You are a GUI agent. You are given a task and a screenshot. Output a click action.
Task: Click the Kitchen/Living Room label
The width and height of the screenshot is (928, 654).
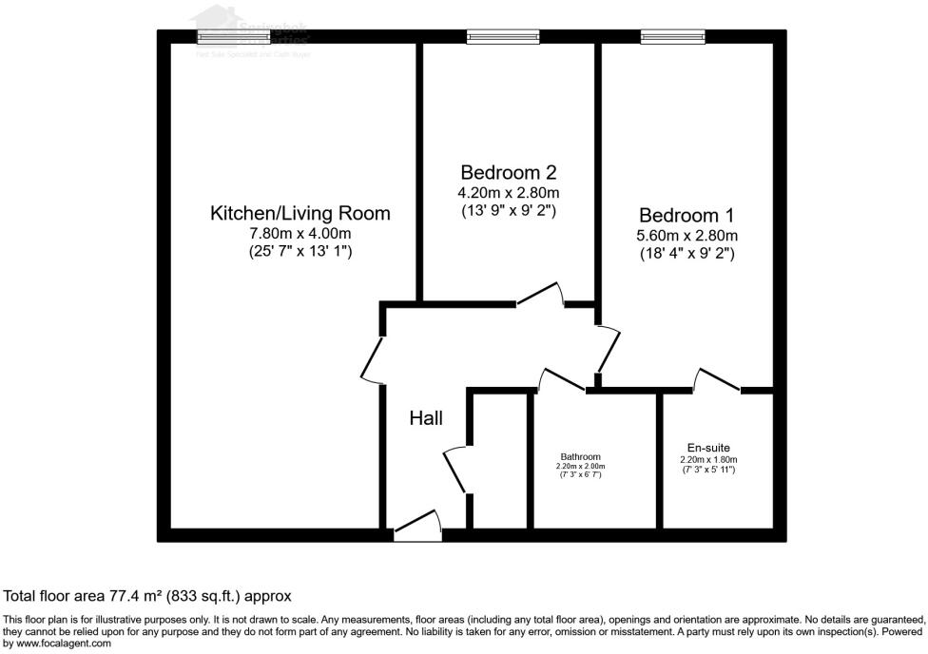coord(300,213)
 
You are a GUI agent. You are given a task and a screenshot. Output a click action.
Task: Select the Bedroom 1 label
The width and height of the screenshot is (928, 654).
coord(686,215)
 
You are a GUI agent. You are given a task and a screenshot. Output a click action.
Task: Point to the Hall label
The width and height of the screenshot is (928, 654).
coord(426,417)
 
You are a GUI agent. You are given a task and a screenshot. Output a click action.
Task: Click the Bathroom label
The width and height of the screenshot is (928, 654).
coord(580,456)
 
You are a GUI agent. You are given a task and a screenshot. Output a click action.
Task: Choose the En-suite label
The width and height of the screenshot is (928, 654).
coord(708,448)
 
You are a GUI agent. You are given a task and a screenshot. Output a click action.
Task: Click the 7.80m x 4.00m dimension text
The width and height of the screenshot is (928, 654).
coord(300,233)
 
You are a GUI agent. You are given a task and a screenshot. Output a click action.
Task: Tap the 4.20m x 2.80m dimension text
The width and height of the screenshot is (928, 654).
coord(508,191)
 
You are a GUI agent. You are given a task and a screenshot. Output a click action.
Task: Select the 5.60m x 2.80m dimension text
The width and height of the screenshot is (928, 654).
coord(686,235)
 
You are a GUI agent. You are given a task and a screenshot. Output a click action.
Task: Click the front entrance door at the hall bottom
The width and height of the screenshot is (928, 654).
coord(417,529)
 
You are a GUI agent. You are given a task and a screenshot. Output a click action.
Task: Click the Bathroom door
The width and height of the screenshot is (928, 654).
coord(561,379)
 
